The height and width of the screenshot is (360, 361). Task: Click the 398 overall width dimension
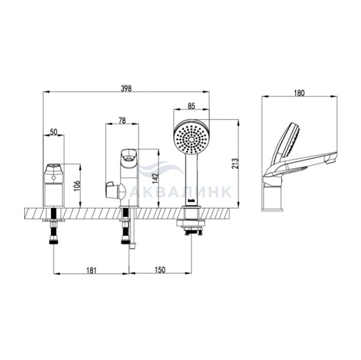pos(126,89)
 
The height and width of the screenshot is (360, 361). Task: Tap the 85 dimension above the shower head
pos(191,106)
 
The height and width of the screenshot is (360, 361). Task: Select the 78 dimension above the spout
pos(122,121)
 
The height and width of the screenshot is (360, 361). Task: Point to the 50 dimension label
pos(54,132)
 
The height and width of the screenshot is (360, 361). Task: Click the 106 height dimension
pos(77,186)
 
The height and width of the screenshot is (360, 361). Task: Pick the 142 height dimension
pos(155,178)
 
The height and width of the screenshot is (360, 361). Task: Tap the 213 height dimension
pos(235,164)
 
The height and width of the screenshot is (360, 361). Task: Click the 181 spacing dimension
pos(91,270)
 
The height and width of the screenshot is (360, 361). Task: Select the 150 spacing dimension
pos(160,270)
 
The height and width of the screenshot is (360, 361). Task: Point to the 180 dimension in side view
pos(299,93)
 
